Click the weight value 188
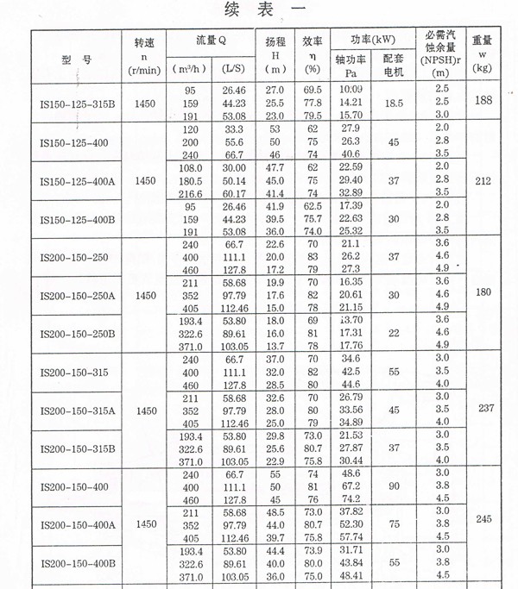[483, 101]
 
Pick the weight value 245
[483, 520]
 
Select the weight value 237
[483, 408]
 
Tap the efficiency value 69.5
[313, 90]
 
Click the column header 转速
[146, 42]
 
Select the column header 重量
[483, 40]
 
